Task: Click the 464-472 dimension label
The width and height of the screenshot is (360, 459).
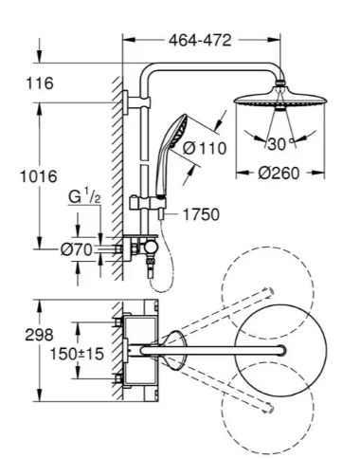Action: coord(200,41)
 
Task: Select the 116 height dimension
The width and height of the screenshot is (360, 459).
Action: coord(40,83)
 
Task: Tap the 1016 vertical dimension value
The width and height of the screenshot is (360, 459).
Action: coord(39,176)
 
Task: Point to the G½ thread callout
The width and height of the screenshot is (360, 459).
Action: coord(84,197)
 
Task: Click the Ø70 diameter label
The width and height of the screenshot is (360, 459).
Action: coord(77,249)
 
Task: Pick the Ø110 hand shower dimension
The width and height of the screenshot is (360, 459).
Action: coord(205,148)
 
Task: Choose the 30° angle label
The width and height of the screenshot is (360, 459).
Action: coord(280,144)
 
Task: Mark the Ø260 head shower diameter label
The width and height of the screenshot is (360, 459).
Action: coord(279,174)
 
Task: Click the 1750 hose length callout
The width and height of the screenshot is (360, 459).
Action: coord(201,214)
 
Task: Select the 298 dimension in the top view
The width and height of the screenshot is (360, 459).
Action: coord(39,335)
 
